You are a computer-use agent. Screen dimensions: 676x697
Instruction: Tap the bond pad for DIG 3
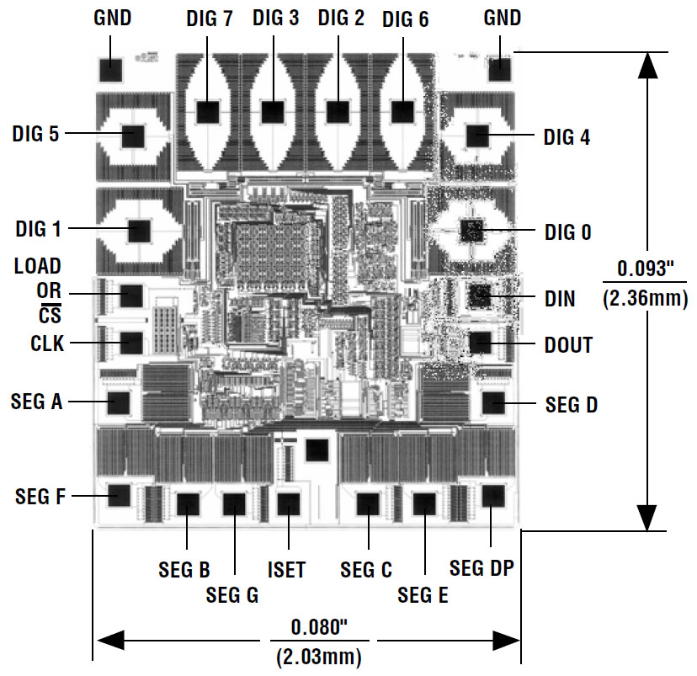click(272, 111)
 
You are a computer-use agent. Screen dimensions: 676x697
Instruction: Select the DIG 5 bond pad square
click(132, 135)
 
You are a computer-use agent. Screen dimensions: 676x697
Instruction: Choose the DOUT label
click(568, 345)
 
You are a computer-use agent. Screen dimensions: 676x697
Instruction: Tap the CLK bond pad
click(131, 343)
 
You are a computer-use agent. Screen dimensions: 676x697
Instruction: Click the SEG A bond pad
click(120, 402)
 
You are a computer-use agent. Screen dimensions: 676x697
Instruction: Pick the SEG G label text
click(231, 595)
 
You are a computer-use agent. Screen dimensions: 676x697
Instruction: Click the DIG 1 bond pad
click(138, 229)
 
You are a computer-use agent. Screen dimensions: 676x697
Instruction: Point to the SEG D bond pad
click(492, 403)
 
